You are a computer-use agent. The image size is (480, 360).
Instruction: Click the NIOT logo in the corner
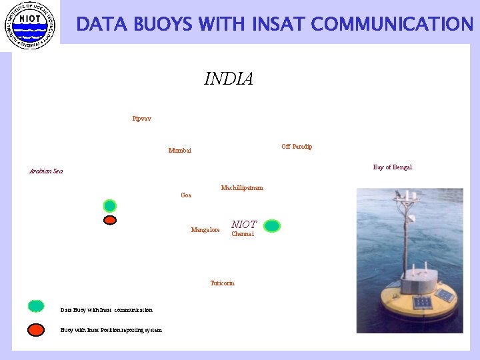(x=29, y=24)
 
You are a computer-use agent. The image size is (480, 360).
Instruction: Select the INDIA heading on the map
(x=229, y=79)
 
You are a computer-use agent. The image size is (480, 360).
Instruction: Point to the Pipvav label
(x=141, y=119)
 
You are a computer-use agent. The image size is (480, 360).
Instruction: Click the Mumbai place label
(x=179, y=151)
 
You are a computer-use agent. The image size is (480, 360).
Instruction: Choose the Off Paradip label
(x=297, y=146)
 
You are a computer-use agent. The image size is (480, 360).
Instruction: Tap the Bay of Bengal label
(x=392, y=167)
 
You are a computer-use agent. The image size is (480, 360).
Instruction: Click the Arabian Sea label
(x=46, y=171)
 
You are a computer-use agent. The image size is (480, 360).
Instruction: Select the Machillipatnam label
(x=242, y=188)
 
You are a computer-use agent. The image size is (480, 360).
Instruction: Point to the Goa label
(x=186, y=195)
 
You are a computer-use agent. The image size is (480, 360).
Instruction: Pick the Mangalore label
(x=205, y=230)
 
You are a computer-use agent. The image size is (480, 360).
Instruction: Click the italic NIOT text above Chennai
(x=244, y=225)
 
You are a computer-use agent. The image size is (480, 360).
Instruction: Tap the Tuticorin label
(x=222, y=283)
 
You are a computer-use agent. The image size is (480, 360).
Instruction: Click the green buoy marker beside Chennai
(x=271, y=226)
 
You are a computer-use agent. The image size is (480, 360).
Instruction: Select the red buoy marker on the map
(x=110, y=219)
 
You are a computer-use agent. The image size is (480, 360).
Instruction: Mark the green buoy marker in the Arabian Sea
(x=110, y=205)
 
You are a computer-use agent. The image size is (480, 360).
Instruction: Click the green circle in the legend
(x=36, y=307)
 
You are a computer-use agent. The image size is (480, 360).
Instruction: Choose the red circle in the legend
(x=36, y=329)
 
